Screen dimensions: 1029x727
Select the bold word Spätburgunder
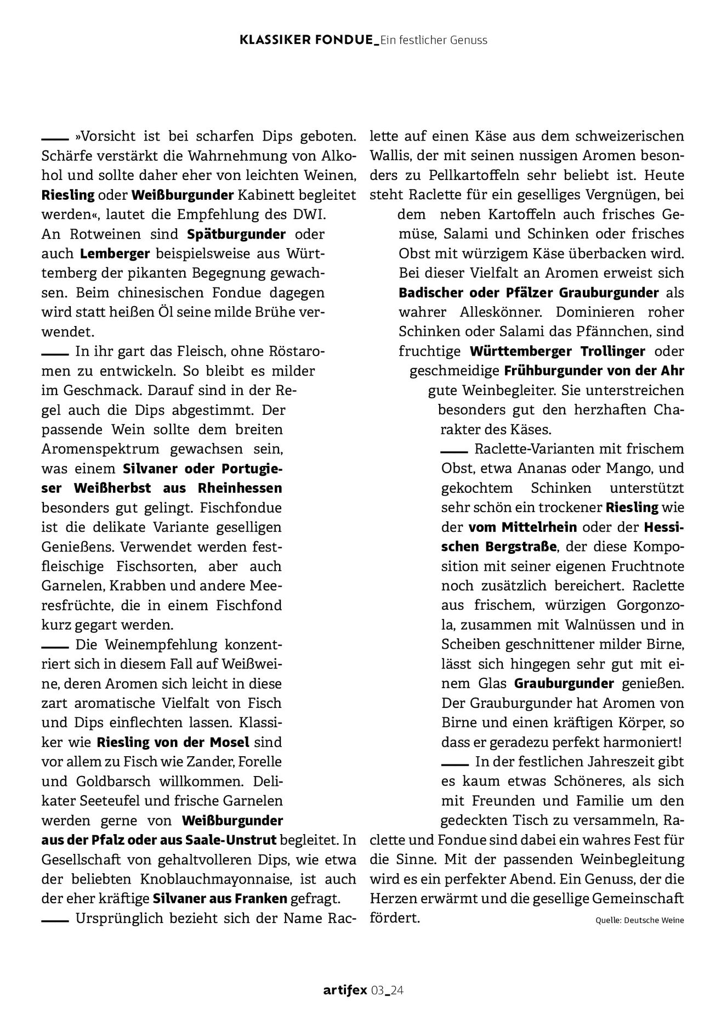coord(236,234)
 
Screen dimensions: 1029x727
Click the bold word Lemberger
coord(115,254)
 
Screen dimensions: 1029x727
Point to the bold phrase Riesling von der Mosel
coord(173,743)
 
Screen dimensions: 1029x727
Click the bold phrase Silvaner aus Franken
coord(220,899)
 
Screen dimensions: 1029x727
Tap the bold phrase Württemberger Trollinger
coord(557,351)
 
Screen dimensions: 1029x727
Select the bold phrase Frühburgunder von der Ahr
coord(594,371)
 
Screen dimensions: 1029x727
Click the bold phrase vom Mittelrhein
coord(522,527)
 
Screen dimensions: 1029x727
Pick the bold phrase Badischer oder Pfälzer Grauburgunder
coord(529,293)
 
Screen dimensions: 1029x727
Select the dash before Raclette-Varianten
coord(453,451)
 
